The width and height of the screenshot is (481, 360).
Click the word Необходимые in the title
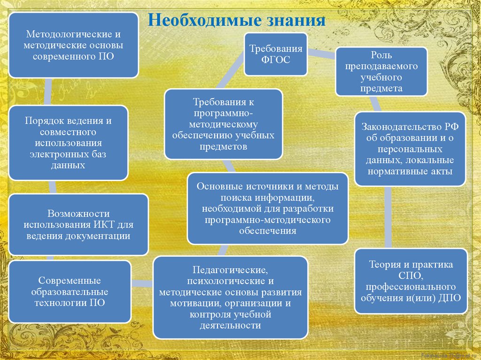[200, 21]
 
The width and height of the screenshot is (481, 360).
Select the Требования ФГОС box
[276, 54]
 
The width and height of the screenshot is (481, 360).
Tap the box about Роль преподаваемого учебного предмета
[381, 71]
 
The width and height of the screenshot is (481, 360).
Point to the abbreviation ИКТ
[101, 224]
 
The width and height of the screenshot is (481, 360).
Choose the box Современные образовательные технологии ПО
[70, 291]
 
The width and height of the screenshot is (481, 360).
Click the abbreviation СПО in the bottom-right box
[411, 276]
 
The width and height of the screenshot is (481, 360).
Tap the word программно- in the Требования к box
[223, 113]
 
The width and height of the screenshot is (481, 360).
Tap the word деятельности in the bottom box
[230, 325]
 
